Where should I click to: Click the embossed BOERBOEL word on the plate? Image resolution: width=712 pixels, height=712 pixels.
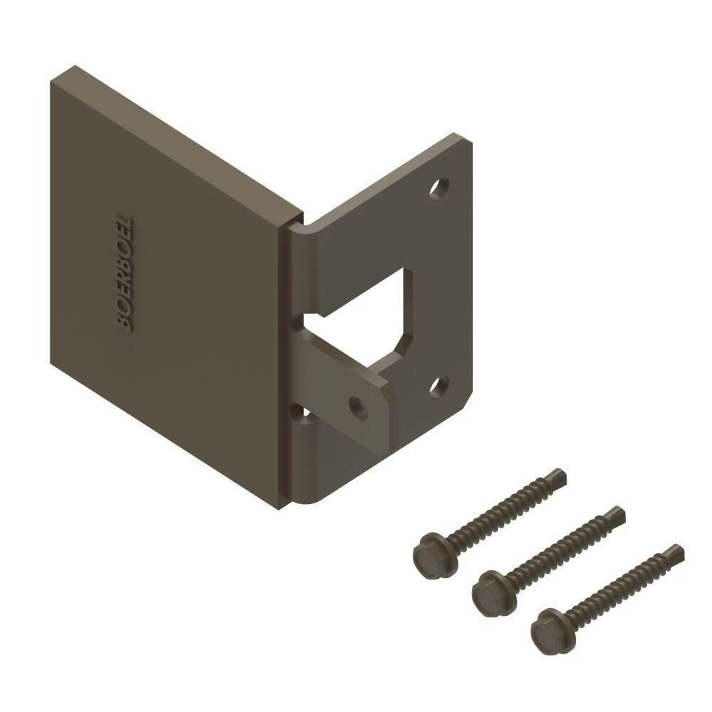point(125,274)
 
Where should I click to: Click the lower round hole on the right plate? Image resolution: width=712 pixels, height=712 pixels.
point(439,387)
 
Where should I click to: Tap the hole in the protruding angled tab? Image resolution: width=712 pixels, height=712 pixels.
point(358,407)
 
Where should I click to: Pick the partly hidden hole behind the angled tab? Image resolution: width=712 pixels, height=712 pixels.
point(300,413)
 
